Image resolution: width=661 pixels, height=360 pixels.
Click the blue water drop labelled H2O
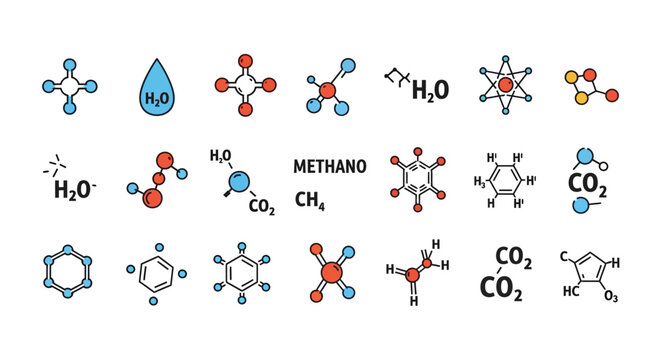156,87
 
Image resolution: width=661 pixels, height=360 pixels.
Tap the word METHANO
329,165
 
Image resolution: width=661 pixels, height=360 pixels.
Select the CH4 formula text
310,201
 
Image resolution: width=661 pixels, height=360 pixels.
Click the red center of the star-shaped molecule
505,87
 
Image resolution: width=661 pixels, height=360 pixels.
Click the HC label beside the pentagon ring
572,291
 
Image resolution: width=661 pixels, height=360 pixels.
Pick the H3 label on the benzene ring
480,181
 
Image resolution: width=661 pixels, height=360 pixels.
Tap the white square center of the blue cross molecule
68,87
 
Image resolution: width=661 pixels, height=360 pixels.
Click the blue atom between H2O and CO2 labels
240,181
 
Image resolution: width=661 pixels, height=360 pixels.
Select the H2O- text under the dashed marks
74,189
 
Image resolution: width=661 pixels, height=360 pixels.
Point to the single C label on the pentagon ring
564,257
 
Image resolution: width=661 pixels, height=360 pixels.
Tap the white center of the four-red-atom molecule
243,87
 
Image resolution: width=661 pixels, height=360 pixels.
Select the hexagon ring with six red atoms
413,180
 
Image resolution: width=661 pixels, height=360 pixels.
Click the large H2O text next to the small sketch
429,90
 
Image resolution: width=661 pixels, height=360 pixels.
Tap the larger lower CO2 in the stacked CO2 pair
503,288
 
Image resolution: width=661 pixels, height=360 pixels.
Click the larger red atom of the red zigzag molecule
153,197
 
